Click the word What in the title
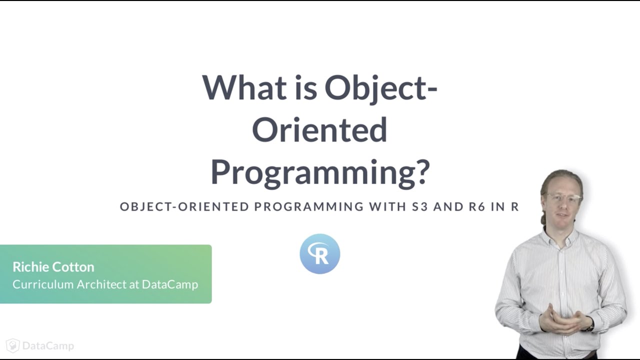pyautogui.click(x=244, y=87)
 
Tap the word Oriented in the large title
pyautogui.click(x=319, y=129)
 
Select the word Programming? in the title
pyautogui.click(x=319, y=171)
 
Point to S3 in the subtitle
pyautogui.click(x=420, y=206)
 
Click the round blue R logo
pyautogui.click(x=319, y=253)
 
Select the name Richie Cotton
pyautogui.click(x=53, y=266)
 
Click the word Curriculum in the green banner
pyautogui.click(x=43, y=284)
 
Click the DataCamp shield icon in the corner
pyautogui.click(x=13, y=345)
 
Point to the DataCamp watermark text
pyautogui.click(x=48, y=345)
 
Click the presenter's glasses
pyautogui.click(x=563, y=197)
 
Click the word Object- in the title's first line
pyautogui.click(x=381, y=87)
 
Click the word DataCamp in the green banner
pyautogui.click(x=170, y=284)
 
